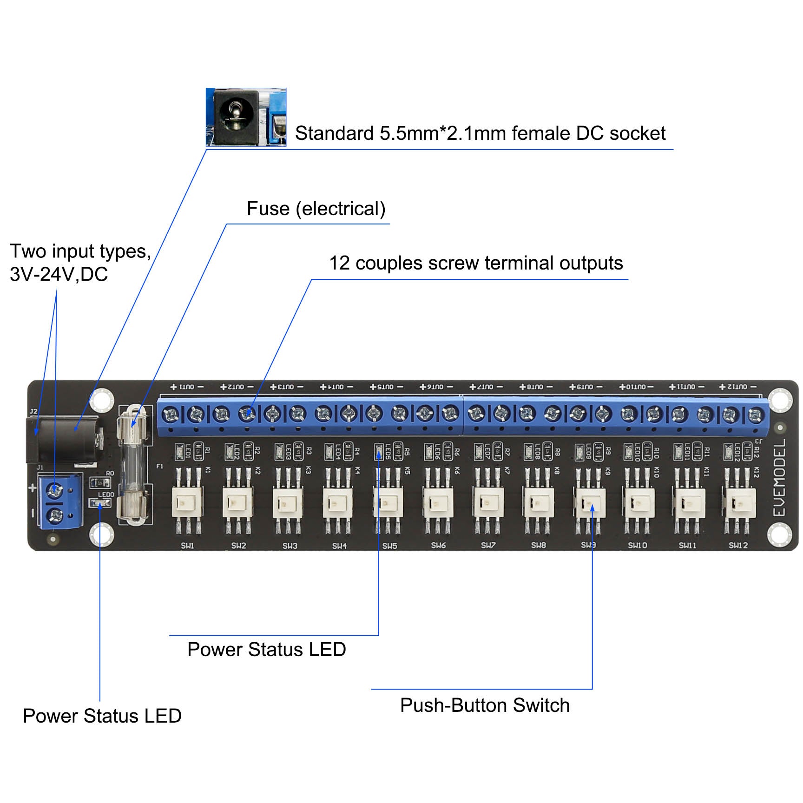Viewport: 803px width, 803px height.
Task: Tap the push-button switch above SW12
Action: coord(738,503)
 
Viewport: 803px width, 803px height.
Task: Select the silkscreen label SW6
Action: coord(438,545)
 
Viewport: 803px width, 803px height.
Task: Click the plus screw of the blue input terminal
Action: coord(55,490)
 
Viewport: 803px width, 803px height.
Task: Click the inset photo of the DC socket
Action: coord(246,117)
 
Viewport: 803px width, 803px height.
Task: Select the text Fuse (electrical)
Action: coord(316,209)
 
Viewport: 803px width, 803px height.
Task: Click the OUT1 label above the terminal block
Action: coord(187,387)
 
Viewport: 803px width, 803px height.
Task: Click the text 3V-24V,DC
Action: coord(59,274)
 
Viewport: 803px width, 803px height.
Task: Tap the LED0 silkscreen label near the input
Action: coord(106,494)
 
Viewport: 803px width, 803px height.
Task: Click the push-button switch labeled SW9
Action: coord(589,503)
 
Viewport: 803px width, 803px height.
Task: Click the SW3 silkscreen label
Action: coord(290,546)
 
